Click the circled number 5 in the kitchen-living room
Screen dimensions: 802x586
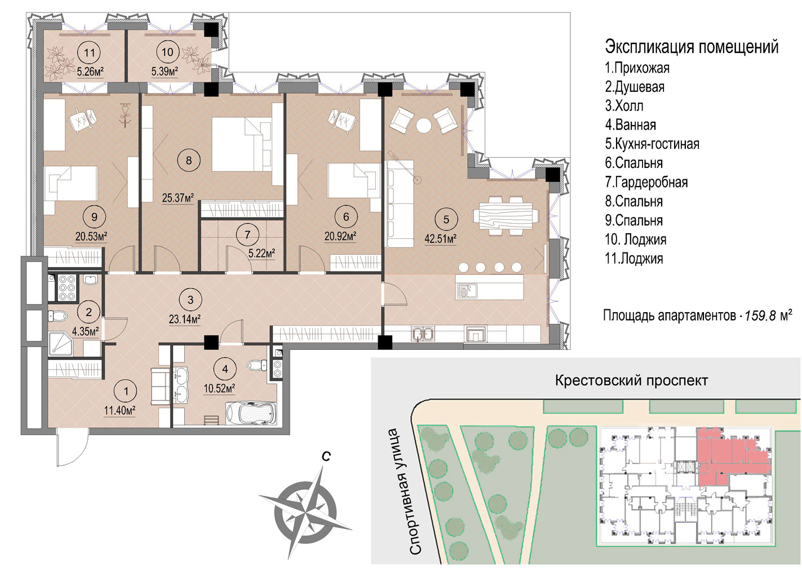pos(446,219)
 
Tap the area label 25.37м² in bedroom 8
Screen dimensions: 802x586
pos(178,198)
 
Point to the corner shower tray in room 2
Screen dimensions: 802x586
pos(60,344)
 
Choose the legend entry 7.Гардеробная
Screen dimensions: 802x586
pos(646,182)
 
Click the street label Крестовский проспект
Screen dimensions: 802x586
pos(631,380)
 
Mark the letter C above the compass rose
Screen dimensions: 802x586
pos(326,456)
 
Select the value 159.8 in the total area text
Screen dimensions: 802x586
pos(760,316)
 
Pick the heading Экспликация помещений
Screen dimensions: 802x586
pos(692,47)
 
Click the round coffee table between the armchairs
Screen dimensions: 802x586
pos(424,125)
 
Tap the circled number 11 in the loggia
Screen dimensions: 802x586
pos(89,52)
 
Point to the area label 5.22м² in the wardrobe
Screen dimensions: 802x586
pos(262,254)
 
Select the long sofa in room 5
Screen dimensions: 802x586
pos(400,203)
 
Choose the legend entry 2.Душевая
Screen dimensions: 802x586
pos(635,87)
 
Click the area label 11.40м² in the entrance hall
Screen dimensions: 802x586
pos(120,411)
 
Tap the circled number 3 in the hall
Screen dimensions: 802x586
pos(190,300)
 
